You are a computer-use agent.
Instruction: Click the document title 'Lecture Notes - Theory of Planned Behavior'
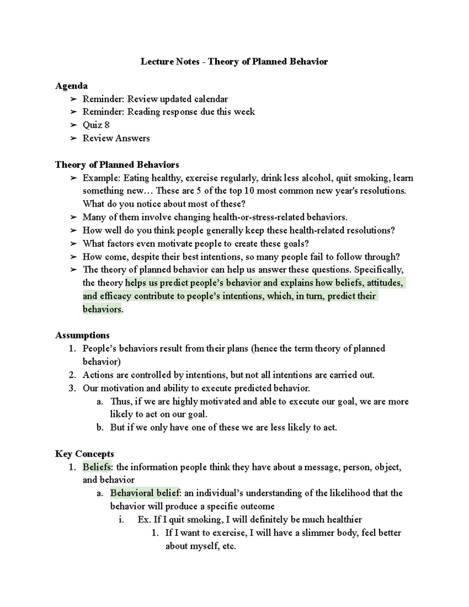(234, 61)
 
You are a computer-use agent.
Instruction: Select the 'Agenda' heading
(71, 86)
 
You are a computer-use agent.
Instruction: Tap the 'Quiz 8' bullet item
(96, 125)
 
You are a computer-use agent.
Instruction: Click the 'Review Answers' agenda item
(116, 138)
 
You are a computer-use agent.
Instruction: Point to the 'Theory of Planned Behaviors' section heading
(117, 165)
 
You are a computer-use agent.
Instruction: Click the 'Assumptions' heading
(82, 335)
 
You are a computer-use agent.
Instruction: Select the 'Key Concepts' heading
(84, 454)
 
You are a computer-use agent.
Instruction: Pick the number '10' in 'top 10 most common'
(250, 191)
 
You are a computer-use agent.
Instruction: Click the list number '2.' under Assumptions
(72, 375)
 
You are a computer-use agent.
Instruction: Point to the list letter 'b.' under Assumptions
(100, 428)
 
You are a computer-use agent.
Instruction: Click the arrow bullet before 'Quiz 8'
(73, 125)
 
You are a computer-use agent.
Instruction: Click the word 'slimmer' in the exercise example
(311, 533)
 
